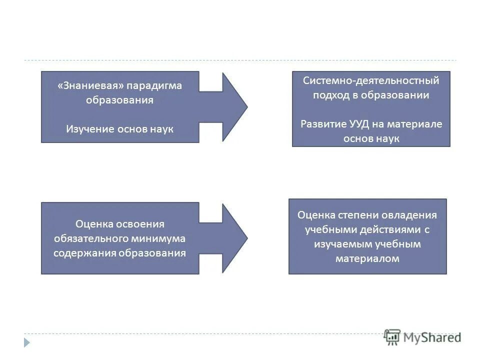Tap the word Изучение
90,129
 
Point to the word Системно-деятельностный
371,80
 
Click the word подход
331,95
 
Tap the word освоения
139,224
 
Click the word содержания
84,252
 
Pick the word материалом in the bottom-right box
367,258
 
